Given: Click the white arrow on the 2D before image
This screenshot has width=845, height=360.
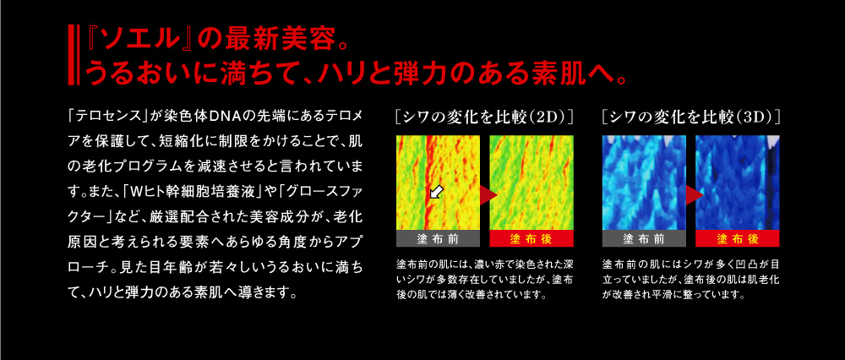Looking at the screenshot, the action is [x=435, y=191].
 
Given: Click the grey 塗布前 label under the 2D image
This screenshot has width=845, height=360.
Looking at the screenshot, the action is [x=438, y=239].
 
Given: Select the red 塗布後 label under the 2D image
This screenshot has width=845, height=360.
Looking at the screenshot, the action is [x=532, y=239].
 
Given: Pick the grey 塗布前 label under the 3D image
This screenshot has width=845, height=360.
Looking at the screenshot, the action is [x=643, y=239].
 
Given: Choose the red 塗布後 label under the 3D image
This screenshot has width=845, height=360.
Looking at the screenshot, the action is [x=737, y=239].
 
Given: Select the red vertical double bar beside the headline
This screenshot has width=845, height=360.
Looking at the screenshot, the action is [x=72, y=54].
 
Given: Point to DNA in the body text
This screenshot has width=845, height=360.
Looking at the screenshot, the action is [x=228, y=116].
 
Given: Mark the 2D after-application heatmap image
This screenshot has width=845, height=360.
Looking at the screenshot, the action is [x=532, y=183].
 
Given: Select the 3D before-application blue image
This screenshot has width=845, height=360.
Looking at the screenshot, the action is [x=643, y=183].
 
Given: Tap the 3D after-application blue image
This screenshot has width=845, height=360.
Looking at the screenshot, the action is [x=737, y=183].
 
